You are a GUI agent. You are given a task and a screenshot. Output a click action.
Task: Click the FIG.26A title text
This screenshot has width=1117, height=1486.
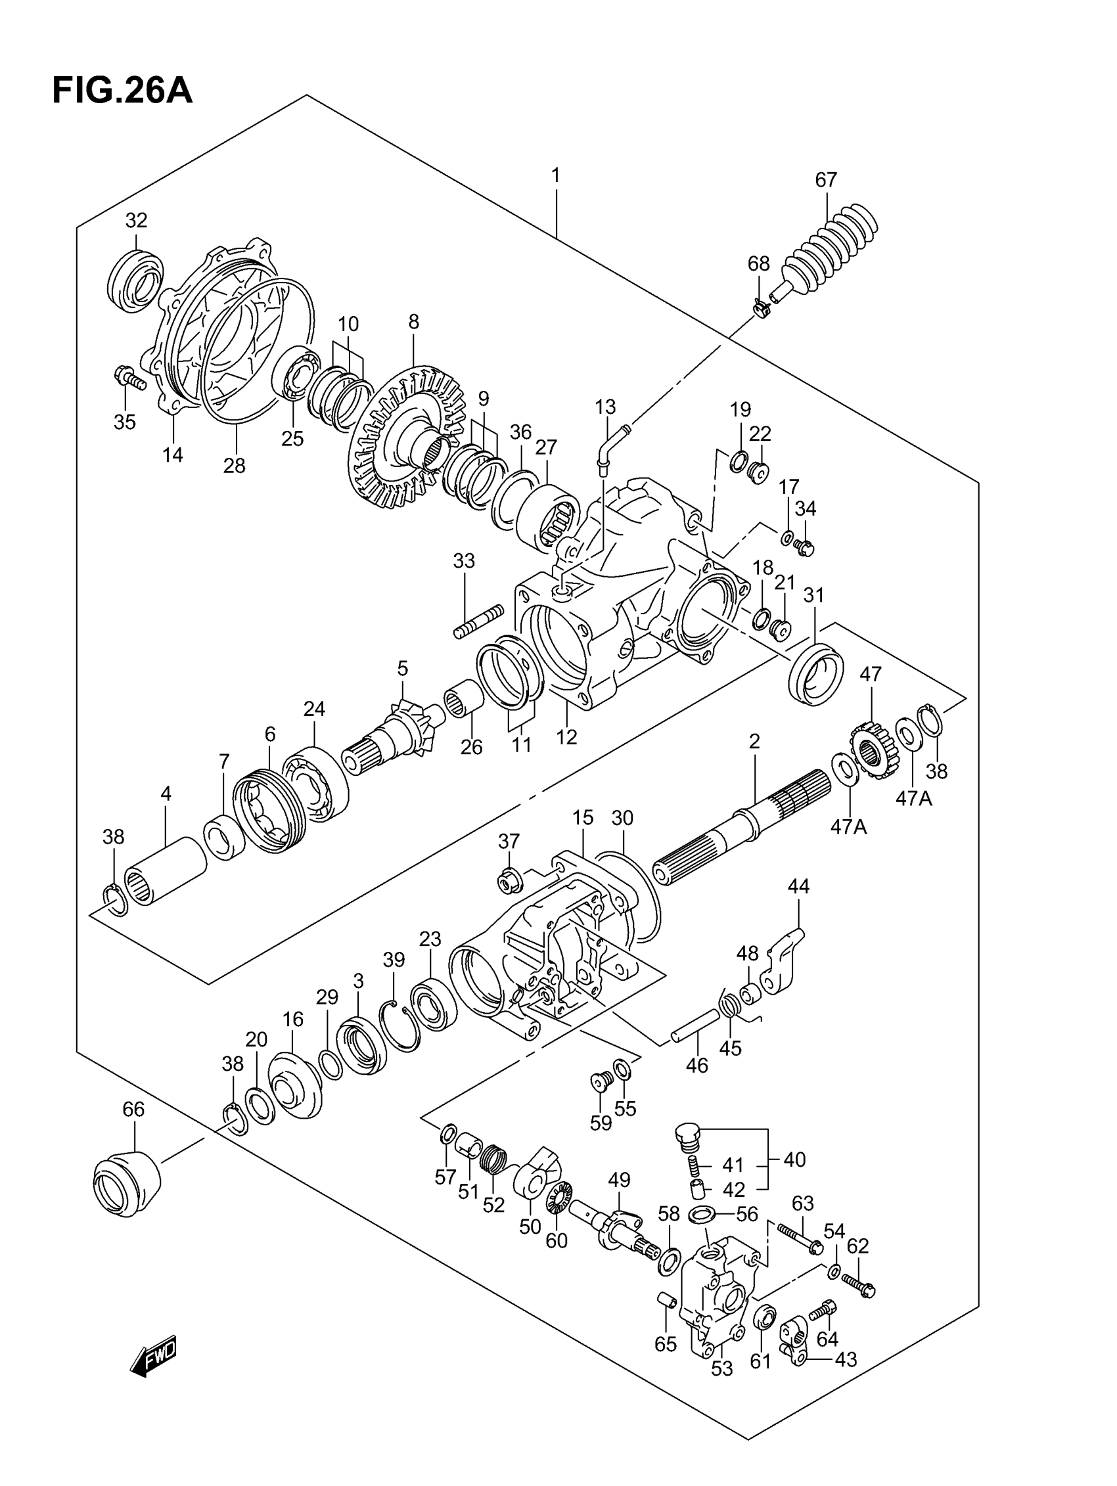click(x=122, y=91)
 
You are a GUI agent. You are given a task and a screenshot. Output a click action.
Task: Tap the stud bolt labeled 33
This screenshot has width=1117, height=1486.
click(x=478, y=621)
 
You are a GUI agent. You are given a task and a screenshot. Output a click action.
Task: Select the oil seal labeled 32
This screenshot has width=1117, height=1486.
click(x=136, y=279)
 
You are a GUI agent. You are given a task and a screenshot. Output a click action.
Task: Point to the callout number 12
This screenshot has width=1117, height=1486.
click(x=566, y=737)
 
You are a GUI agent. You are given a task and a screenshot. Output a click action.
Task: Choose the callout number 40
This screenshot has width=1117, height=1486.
click(x=794, y=1160)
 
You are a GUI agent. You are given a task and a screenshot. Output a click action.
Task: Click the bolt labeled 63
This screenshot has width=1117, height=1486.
click(x=800, y=1238)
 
